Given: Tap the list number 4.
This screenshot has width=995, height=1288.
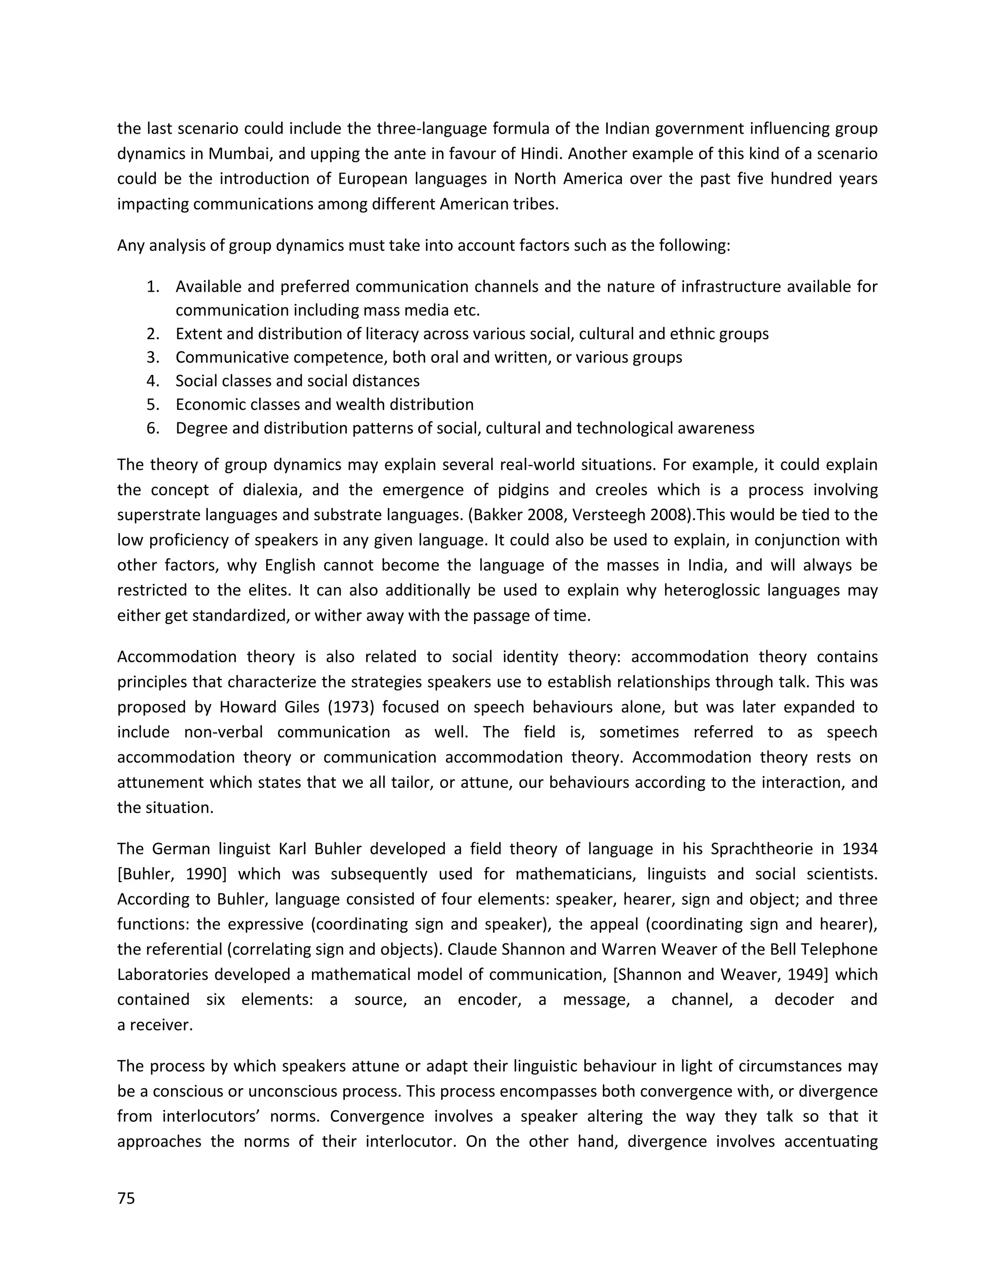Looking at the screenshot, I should tap(153, 381).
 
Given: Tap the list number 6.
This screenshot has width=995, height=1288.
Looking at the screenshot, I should tap(153, 428).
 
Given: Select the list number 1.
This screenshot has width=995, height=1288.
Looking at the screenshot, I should tap(153, 287).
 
